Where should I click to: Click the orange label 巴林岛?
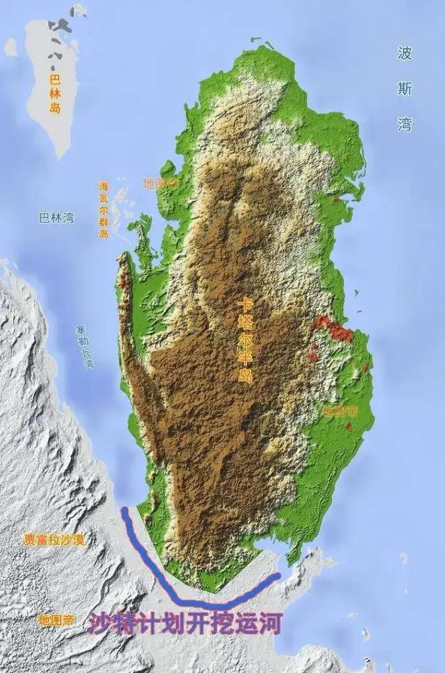pos(55,93)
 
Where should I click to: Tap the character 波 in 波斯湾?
pos(405,54)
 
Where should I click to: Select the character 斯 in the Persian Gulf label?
pos(405,89)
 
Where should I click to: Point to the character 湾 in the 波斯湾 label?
pos(405,124)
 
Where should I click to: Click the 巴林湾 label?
pos(57,218)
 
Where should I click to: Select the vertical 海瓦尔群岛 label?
pos(103,210)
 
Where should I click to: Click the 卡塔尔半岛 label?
pos(246,348)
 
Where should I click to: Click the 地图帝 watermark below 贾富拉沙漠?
pos(56,620)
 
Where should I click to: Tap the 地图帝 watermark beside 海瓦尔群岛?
pos(160,183)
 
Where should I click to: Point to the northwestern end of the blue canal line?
pos(124,510)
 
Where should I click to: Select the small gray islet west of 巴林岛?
pos(11,47)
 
